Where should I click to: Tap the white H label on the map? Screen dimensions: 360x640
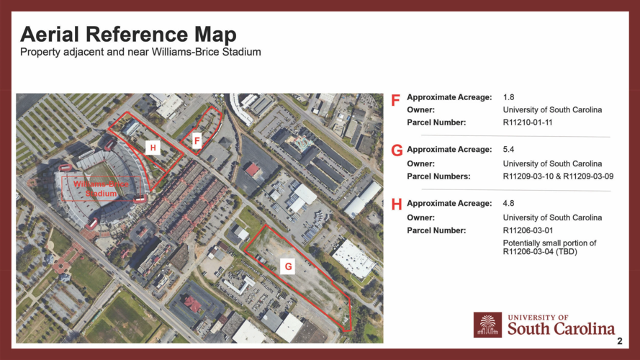[152, 148]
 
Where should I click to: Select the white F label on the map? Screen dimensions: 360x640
[196, 142]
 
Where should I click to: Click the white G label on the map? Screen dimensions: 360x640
[288, 266]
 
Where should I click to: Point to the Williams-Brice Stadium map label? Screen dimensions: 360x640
[101, 189]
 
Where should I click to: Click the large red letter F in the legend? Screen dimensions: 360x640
[395, 101]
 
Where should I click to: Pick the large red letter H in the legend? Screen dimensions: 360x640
[396, 204]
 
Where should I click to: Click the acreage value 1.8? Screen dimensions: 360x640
[508, 97]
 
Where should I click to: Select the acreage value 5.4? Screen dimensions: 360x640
[508, 150]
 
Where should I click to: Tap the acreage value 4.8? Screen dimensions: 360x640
[508, 204]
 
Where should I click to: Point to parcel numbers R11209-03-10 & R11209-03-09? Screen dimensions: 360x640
[558, 176]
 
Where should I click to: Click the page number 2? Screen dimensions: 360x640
[619, 342]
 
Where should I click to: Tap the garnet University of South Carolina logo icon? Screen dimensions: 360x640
[487, 325]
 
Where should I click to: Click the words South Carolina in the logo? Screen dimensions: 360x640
[562, 329]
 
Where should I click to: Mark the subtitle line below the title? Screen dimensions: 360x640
[140, 53]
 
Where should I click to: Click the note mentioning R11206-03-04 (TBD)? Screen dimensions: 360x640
[549, 248]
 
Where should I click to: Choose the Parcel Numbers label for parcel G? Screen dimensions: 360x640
[438, 176]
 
